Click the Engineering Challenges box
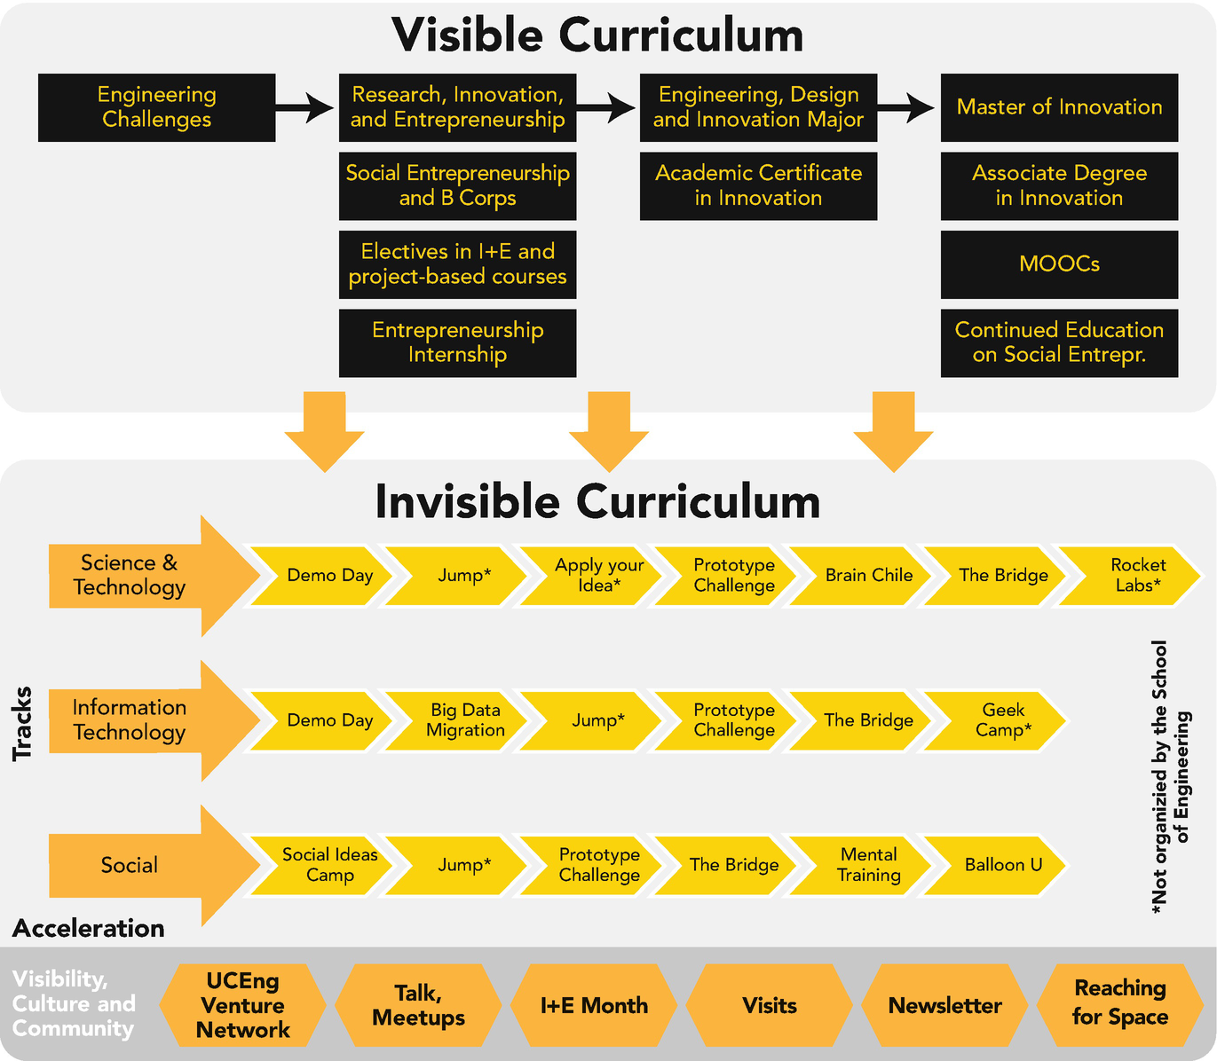point(156,107)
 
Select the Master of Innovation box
point(1059,107)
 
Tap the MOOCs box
point(1059,264)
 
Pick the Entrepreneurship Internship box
point(457,342)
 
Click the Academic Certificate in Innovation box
point(758,186)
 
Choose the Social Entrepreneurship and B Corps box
point(457,186)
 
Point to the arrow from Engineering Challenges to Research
point(304,108)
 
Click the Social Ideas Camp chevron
point(328,865)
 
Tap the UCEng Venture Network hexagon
point(242,1005)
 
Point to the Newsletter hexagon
point(944,1005)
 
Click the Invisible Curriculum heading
point(597,502)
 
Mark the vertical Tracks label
point(22,723)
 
